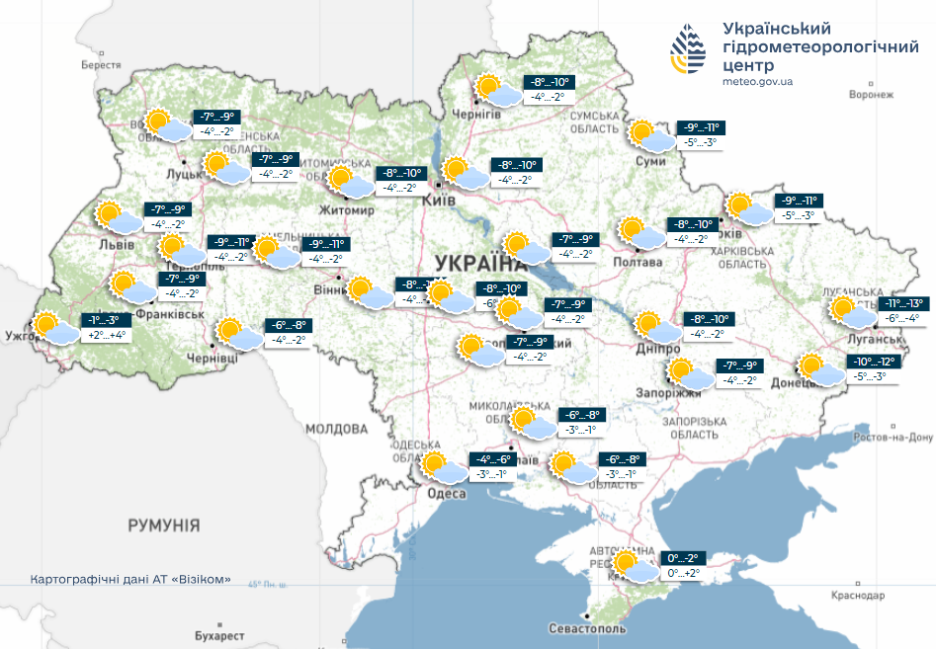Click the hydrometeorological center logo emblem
(689, 52)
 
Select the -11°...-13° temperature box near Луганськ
(903, 303)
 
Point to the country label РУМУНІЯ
(163, 525)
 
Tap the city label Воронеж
(871, 95)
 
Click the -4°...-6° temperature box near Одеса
(491, 460)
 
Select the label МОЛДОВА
(336, 429)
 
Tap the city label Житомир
(346, 210)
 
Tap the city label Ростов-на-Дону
(892, 438)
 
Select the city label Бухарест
(218, 634)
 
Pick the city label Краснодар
(855, 596)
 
